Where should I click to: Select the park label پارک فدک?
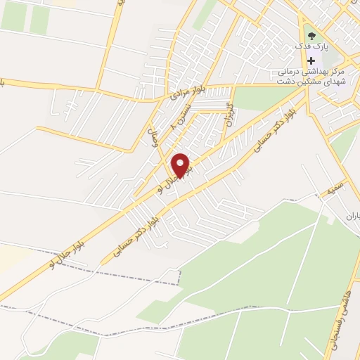(x=310, y=48)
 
